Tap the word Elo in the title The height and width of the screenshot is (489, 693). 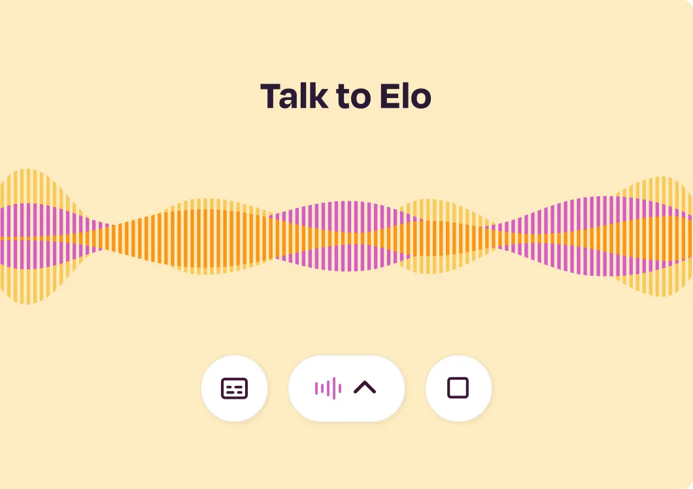point(405,96)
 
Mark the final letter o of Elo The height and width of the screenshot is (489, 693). point(421,99)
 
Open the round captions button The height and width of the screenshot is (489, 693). point(234,388)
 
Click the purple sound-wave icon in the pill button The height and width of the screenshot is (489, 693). point(328,388)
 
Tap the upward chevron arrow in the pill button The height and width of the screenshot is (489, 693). point(365,388)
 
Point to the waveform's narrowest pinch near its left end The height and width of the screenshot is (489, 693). point(108,237)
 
